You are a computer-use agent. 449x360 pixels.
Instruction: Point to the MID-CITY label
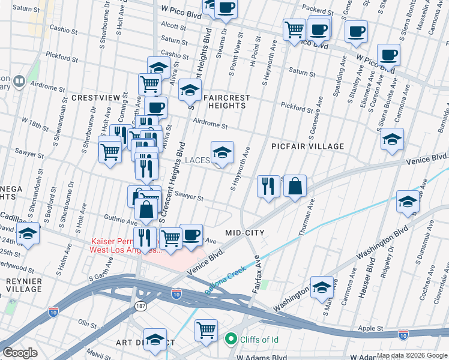pyautogui.click(x=245, y=232)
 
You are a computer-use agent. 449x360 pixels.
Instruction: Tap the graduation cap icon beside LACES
pyautogui.click(x=221, y=154)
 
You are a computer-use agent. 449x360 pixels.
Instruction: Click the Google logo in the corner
pyautogui.click(x=20, y=353)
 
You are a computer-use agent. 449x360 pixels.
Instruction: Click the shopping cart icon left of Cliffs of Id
pyautogui.click(x=206, y=331)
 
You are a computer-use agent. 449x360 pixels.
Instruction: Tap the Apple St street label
pyautogui.click(x=370, y=328)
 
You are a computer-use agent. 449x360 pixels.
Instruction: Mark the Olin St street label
pyautogui.click(x=86, y=325)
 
